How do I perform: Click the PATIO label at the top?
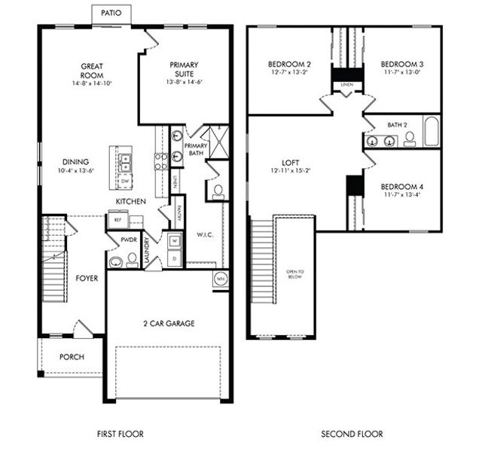tap(111, 13)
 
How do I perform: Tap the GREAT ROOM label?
tap(92, 71)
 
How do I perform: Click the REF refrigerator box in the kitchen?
tap(117, 218)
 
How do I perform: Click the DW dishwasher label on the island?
tap(124, 182)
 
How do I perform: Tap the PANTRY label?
tap(178, 203)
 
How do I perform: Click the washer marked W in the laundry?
tap(174, 241)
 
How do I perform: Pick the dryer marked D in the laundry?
tap(174, 258)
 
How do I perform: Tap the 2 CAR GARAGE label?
tap(169, 323)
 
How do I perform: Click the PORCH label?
tap(72, 357)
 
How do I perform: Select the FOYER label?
tap(87, 278)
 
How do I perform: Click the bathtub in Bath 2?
tap(432, 132)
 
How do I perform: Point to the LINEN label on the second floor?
tap(346, 85)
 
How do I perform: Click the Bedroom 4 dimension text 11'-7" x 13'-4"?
tap(400, 194)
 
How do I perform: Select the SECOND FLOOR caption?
tap(352, 434)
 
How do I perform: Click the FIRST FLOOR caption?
tap(121, 434)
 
